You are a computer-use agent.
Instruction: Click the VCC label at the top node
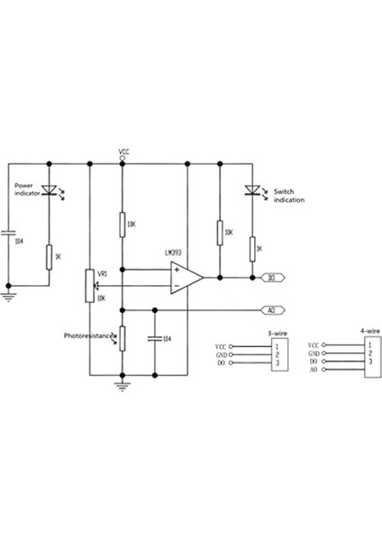[x=123, y=152]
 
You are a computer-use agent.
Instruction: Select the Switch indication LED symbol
[x=252, y=191]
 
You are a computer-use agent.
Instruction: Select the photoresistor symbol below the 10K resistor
[x=123, y=338]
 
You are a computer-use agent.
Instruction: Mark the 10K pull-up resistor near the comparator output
[x=220, y=234]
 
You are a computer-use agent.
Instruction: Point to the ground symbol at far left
[x=9, y=290]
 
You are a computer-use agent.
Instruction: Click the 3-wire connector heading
[x=277, y=335]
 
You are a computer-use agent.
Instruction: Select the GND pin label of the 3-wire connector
[x=221, y=354]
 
